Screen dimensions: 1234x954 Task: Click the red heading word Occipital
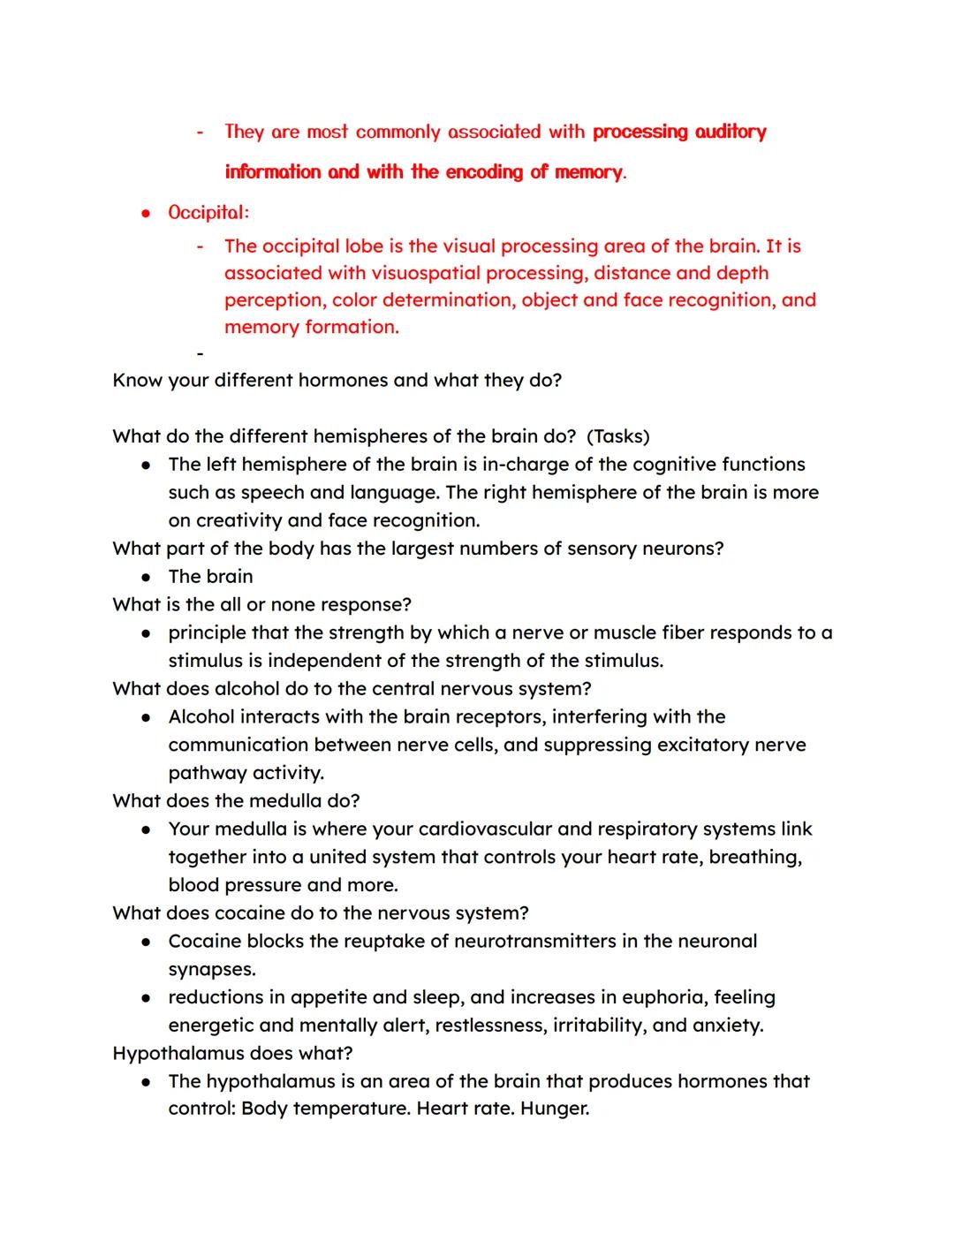[x=208, y=213]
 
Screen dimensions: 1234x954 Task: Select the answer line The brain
[x=210, y=577]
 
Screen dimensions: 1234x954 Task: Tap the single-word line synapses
[x=212, y=970]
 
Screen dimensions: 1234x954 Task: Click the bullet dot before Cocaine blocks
[x=147, y=943]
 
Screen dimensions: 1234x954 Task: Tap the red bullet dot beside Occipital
[x=147, y=214]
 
